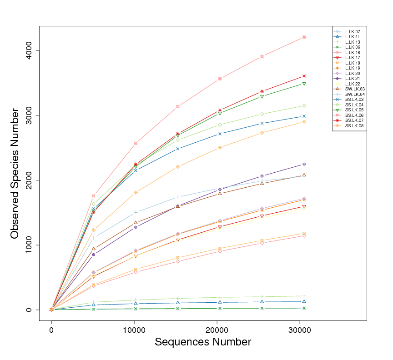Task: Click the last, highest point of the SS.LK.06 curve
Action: pos(304,37)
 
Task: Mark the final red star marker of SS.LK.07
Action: pos(304,76)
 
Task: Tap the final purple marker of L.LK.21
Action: pos(304,164)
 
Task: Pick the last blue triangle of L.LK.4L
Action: pos(304,301)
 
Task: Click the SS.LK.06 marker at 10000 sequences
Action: pos(135,143)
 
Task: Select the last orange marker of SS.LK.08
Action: pos(304,122)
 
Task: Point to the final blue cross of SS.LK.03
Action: pos(304,116)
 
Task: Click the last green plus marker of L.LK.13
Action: pos(304,296)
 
